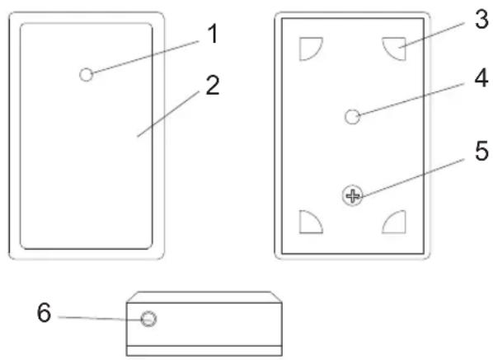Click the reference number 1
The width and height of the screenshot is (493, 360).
pos(213,35)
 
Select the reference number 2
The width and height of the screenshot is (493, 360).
pos(213,85)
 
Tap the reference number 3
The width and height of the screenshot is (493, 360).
pos(481,20)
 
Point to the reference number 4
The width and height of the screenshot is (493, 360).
pos(481,78)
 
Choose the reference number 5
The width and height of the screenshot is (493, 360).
pos(481,151)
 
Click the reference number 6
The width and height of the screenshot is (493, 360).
pos(44,312)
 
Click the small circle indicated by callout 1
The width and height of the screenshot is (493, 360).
pos(86,75)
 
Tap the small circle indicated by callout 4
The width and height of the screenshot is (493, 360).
pos(353,117)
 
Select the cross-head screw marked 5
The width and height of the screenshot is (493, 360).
pos(353,196)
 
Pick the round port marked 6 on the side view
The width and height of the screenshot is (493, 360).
pos(148,319)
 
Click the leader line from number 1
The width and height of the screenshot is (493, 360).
pos(146,57)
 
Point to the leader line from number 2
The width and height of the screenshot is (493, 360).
pos(168,114)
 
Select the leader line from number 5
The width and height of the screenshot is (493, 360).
pos(413,178)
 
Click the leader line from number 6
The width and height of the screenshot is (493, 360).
pos(101,319)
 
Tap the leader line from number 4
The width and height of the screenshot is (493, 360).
pos(411,99)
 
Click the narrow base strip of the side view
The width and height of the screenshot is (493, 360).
pos(204,351)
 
